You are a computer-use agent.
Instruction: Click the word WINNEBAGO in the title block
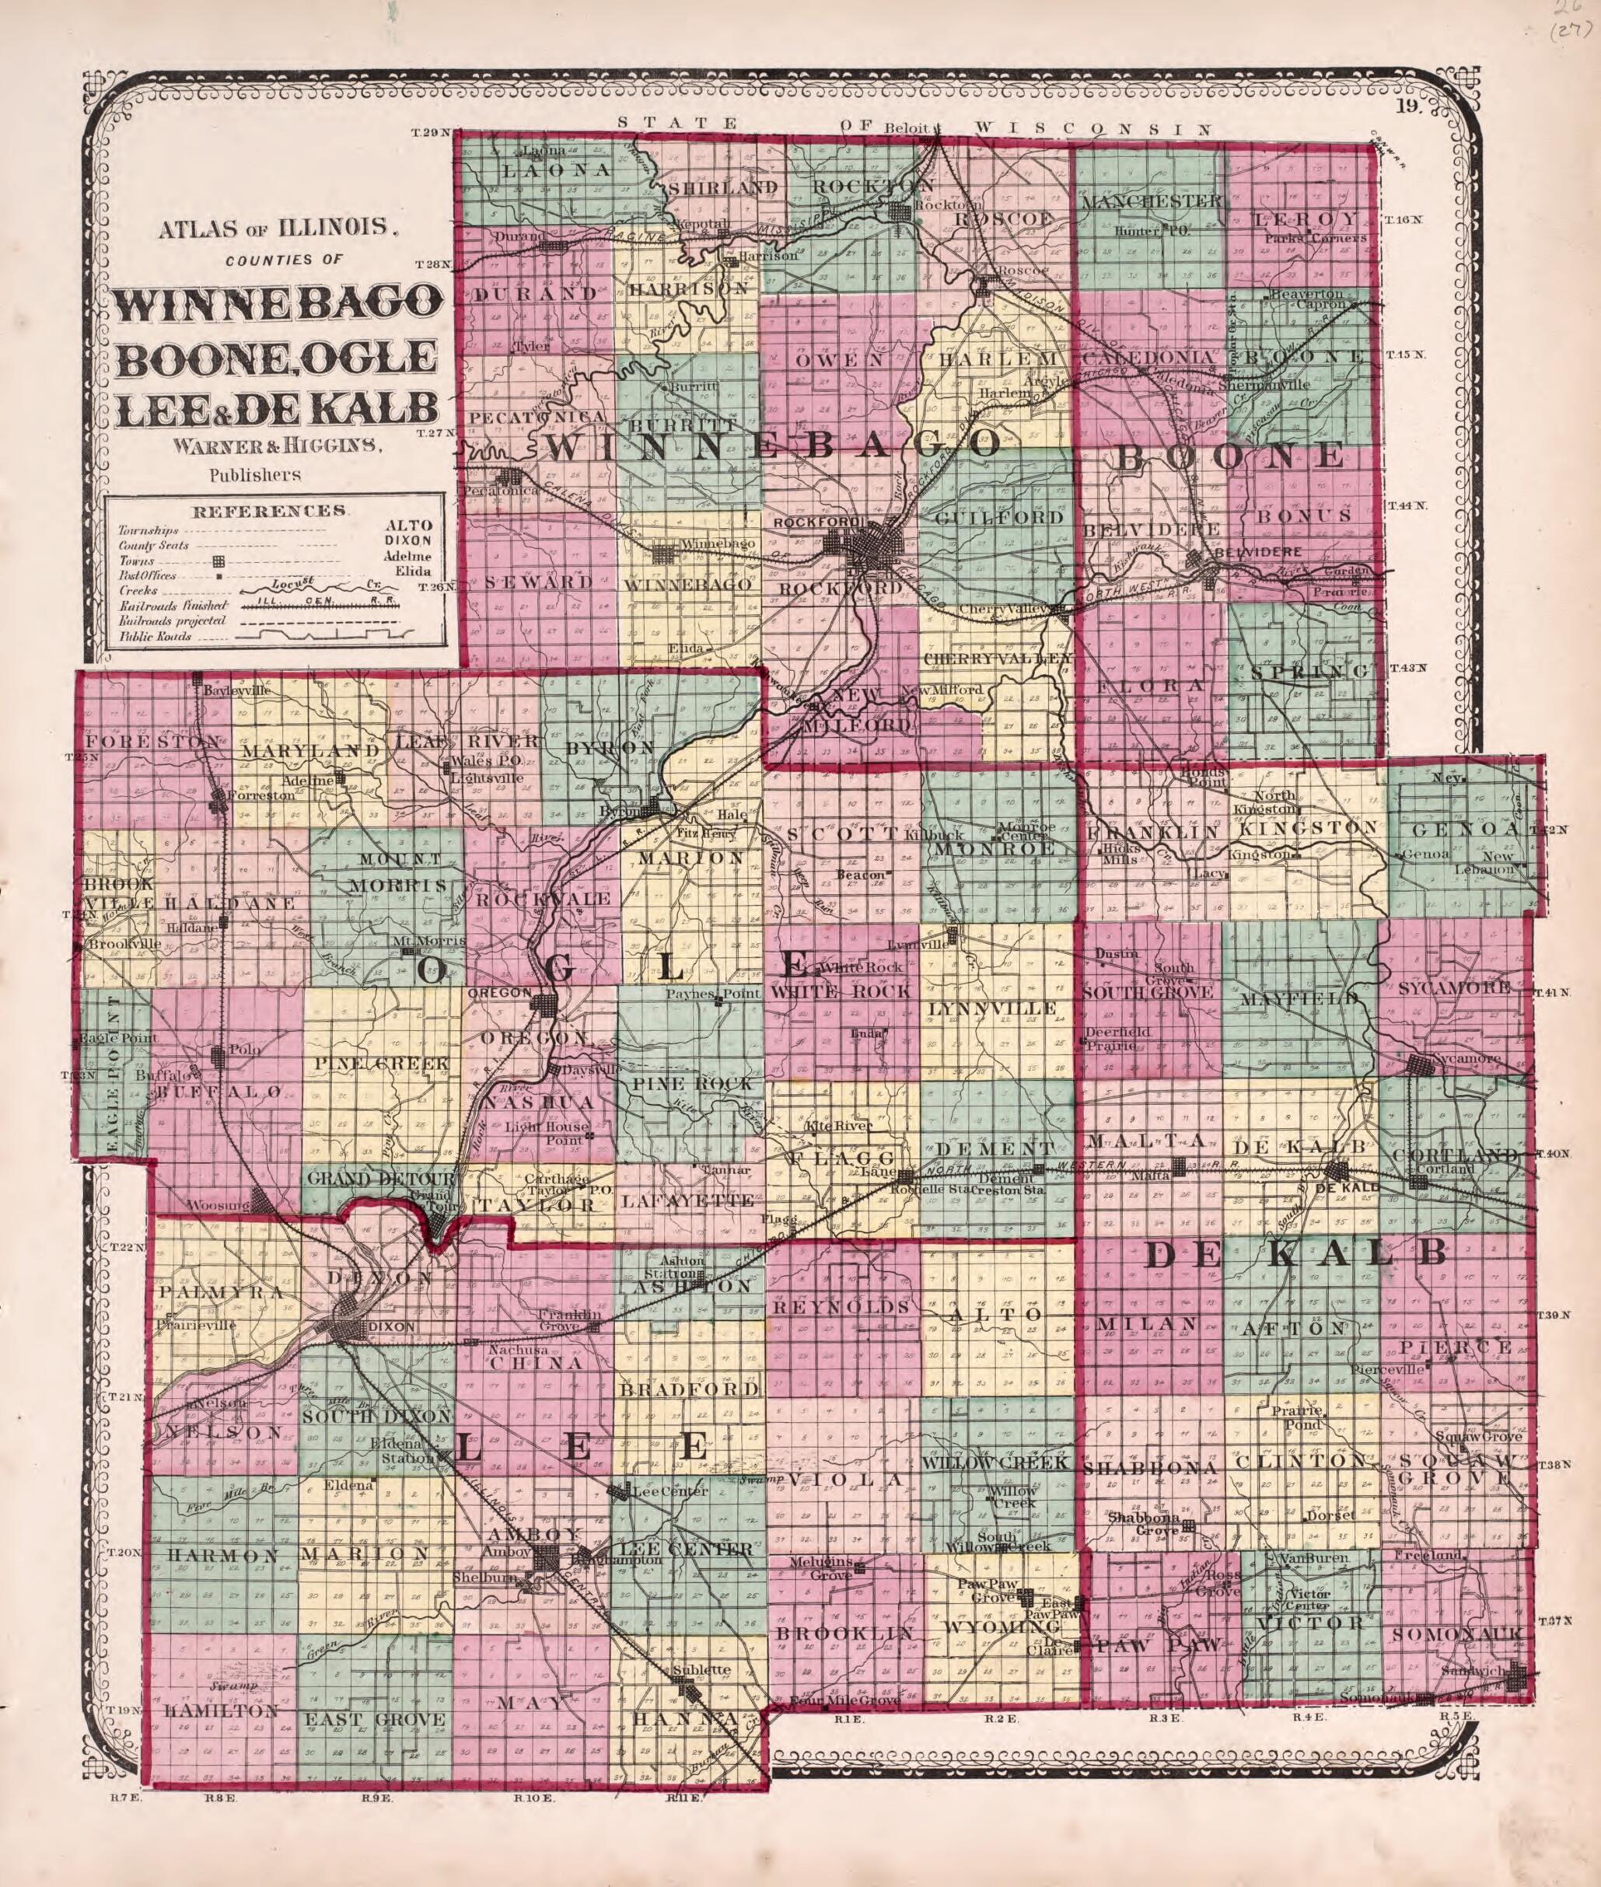pyautogui.click(x=277, y=303)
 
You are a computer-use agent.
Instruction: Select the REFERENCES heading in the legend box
pyautogui.click(x=270, y=510)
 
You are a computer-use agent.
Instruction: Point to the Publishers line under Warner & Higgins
pyautogui.click(x=255, y=473)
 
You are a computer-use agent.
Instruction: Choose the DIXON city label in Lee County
pyautogui.click(x=392, y=1326)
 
